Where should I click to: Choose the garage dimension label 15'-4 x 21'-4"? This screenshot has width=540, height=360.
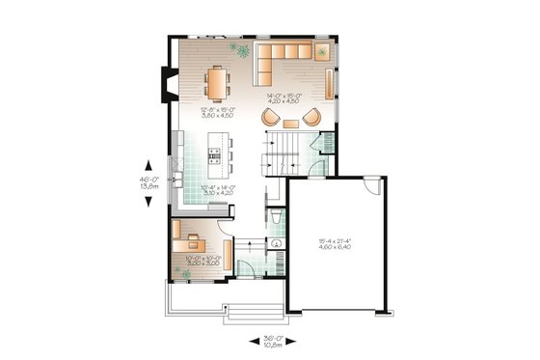click(337, 245)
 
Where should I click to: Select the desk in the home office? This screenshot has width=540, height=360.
click(192, 237)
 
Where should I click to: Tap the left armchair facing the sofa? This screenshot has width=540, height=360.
click(272, 118)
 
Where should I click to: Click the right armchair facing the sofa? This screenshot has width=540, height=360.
click(310, 118)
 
